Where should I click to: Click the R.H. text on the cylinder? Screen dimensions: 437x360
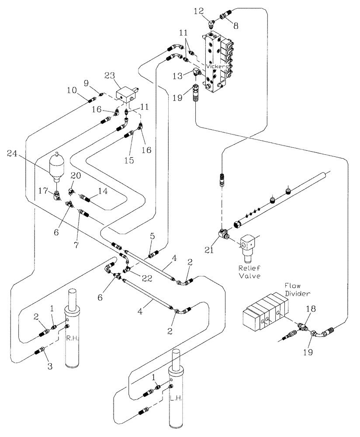(x=72, y=338)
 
